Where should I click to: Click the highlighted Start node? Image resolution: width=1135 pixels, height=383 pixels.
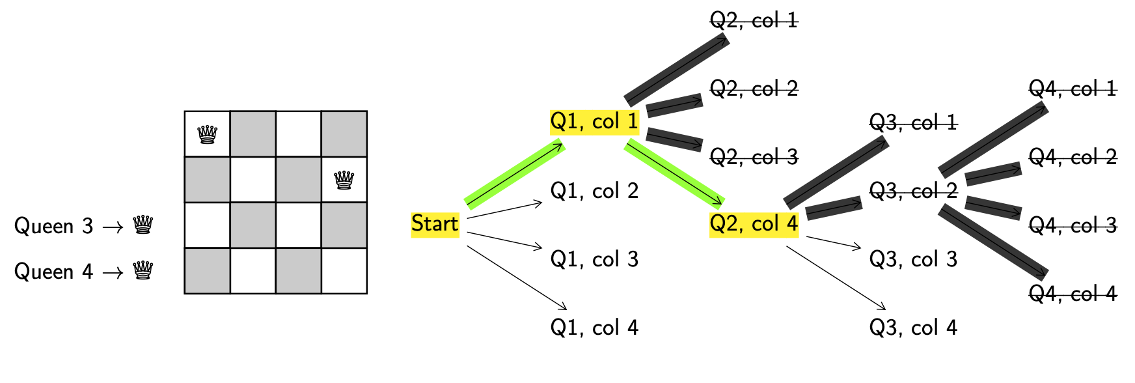[435, 224]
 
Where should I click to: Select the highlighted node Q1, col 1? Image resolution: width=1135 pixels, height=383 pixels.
[594, 122]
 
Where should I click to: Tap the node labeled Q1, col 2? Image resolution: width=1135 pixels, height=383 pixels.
[594, 191]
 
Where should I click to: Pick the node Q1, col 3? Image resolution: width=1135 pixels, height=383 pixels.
[594, 259]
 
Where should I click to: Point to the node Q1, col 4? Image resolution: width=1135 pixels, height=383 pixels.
[594, 328]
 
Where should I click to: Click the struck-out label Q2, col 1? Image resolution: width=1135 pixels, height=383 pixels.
[754, 21]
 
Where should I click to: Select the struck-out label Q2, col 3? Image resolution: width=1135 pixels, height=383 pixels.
[754, 157]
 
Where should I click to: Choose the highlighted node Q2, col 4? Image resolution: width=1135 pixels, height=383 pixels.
[754, 224]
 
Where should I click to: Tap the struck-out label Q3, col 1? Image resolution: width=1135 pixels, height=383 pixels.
[913, 122]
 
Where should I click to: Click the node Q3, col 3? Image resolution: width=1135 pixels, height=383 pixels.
[913, 259]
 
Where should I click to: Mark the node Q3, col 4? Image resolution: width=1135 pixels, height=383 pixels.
[913, 328]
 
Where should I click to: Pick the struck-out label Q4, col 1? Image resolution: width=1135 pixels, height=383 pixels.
[1073, 89]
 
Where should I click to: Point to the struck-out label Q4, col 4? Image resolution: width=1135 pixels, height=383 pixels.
[1073, 294]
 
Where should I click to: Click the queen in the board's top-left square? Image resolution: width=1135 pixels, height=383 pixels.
[207, 135]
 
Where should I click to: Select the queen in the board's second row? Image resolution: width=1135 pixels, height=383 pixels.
[344, 179]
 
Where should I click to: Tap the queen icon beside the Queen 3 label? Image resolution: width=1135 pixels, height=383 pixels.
[143, 225]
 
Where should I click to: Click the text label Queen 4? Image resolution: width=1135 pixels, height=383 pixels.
[53, 272]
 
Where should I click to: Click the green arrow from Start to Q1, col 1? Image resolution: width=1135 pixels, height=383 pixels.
[514, 175]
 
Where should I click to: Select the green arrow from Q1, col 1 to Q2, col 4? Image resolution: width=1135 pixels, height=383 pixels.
[674, 173]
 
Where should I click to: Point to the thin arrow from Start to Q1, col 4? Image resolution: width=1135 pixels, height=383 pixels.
[517, 277]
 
